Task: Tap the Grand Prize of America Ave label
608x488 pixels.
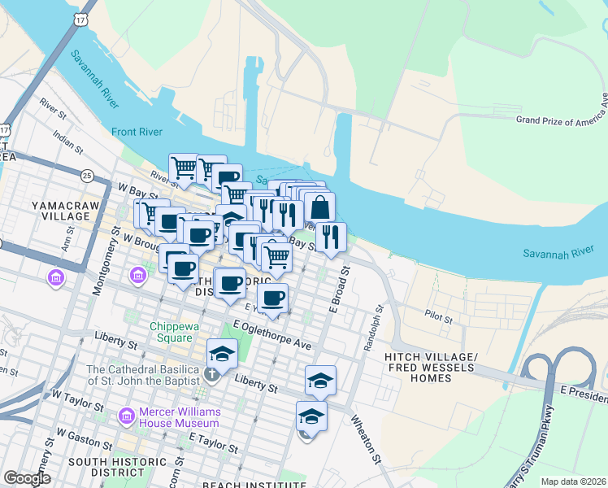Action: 562,120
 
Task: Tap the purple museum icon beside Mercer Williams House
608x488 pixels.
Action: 126,416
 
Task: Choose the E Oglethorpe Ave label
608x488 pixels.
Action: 271,335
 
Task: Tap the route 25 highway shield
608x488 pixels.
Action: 86,175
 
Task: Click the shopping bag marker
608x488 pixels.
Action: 319,207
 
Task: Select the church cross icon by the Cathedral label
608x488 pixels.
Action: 211,375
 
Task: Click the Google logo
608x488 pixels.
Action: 27,478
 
